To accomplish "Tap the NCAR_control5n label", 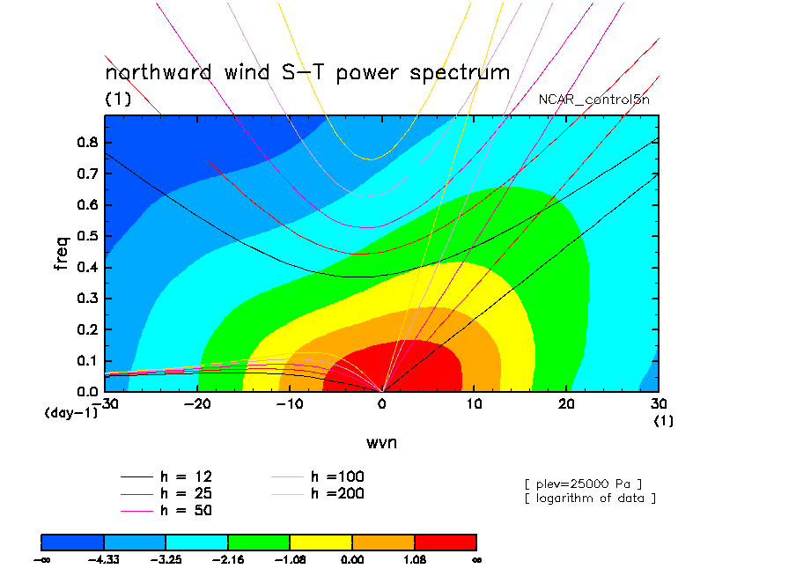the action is (594, 100).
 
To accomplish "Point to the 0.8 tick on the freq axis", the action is (87, 142).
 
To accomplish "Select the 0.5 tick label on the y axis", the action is (87, 236).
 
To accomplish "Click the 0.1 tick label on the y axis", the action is (87, 361).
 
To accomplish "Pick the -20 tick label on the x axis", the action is (197, 404).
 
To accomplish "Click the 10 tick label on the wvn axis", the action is (474, 404).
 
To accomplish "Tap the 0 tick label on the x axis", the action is (382, 404).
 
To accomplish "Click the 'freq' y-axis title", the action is (61, 253).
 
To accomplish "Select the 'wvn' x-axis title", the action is (382, 443).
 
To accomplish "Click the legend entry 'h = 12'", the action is (166, 476).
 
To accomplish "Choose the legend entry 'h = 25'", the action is (166, 494).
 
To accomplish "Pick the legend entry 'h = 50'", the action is (166, 511).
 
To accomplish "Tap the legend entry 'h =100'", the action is (317, 476).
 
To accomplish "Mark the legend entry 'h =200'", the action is (317, 494).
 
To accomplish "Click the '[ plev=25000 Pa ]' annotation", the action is (584, 484).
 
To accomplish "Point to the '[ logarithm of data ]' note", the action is (591, 498).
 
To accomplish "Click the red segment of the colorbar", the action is (446, 543).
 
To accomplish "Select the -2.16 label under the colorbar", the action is (228, 560).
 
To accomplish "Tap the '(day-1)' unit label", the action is (71, 413).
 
